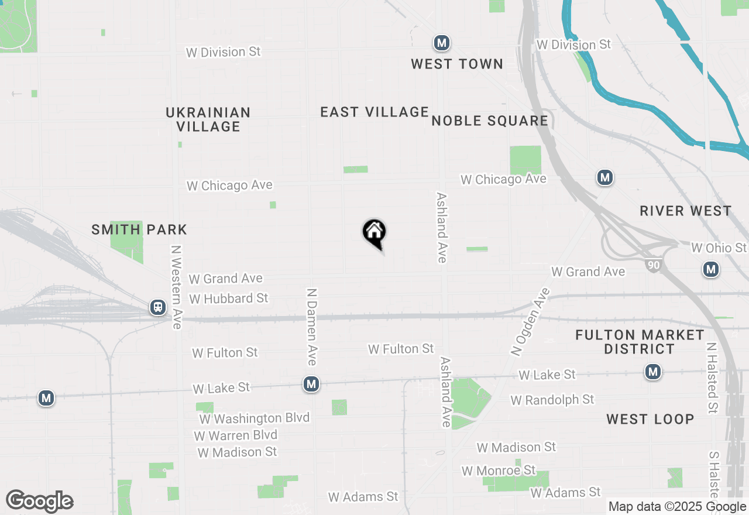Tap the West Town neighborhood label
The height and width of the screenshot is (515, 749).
pyautogui.click(x=456, y=64)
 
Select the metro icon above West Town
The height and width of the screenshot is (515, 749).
pyautogui.click(x=441, y=43)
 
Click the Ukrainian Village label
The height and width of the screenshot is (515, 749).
pyautogui.click(x=208, y=119)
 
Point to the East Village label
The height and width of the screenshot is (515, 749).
pyautogui.click(x=374, y=112)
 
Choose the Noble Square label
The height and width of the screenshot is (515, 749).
pyautogui.click(x=490, y=121)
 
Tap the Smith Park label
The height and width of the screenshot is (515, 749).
pyautogui.click(x=139, y=230)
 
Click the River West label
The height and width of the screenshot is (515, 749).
pyautogui.click(x=685, y=211)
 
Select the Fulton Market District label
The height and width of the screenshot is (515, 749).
pyautogui.click(x=640, y=342)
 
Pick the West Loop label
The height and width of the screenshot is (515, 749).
pyautogui.click(x=650, y=419)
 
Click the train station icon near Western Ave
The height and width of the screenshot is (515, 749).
pyautogui.click(x=157, y=307)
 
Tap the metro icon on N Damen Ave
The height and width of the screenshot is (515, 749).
pyautogui.click(x=311, y=384)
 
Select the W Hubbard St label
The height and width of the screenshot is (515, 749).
pyautogui.click(x=228, y=298)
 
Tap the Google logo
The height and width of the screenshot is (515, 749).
pyautogui.click(x=39, y=501)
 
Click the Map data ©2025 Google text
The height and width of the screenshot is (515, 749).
pyautogui.click(x=677, y=507)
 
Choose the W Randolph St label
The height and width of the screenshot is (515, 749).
pyautogui.click(x=552, y=400)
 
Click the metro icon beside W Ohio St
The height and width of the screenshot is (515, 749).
pyautogui.click(x=711, y=269)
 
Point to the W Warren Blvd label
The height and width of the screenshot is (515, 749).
pyautogui.click(x=235, y=435)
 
